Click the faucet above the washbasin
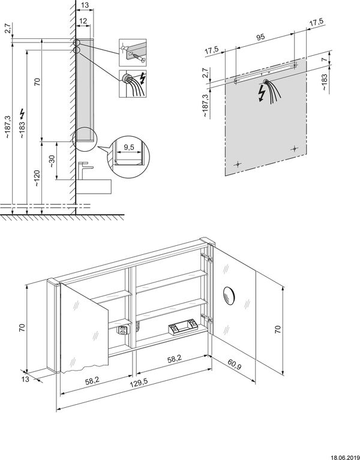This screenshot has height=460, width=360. coord(83,169)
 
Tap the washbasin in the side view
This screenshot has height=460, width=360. coord(94,185)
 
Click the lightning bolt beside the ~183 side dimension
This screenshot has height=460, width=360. coord(23,112)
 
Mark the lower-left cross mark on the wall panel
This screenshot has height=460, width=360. coord(238,164)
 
